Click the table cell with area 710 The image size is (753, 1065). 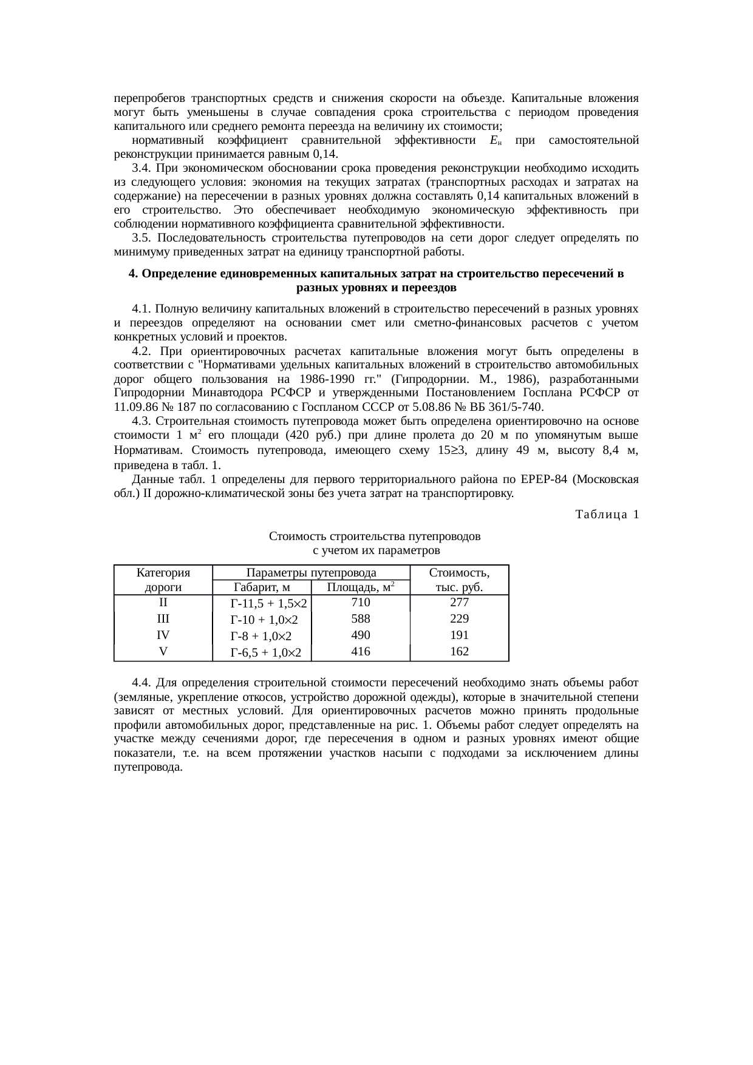361,603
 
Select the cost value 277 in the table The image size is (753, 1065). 459,603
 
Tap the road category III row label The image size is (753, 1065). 163,618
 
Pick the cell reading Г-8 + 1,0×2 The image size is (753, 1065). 261,636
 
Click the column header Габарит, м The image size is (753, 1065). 261,587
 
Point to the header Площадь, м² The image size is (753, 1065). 361,587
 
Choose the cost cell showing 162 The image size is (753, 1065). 459,651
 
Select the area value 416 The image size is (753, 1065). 361,651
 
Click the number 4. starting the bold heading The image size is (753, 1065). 134,274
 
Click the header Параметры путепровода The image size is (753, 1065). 311,572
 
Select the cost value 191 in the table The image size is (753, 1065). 459,635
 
